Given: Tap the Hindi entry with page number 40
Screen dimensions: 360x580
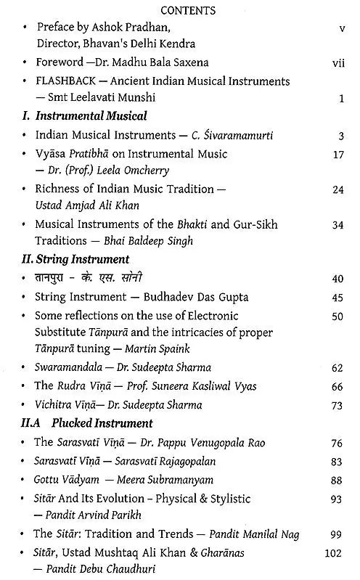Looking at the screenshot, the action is (x=102, y=278).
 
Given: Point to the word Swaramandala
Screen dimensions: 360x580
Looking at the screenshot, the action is (x=70, y=369).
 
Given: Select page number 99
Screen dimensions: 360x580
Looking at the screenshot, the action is (x=336, y=534).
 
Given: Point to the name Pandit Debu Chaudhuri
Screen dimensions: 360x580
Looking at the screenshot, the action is (x=99, y=570).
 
